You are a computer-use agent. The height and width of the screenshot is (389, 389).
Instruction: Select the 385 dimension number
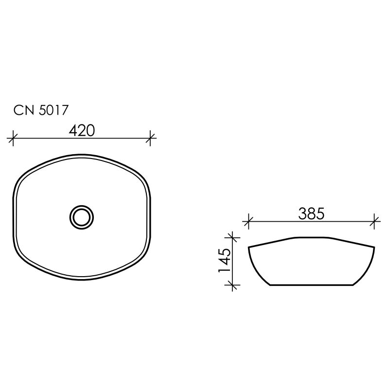click(x=311, y=213)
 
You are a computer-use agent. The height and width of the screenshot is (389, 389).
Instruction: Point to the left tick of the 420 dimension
click(x=13, y=139)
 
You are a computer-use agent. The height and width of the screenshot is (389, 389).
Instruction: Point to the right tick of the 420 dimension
click(x=151, y=139)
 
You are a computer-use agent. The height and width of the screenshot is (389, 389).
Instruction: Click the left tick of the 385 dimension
click(x=248, y=222)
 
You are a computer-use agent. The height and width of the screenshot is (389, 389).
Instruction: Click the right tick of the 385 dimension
click(x=374, y=222)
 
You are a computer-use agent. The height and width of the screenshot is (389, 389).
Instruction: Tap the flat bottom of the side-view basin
click(x=311, y=285)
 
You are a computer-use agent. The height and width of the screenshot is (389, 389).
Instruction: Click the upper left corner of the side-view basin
click(x=249, y=248)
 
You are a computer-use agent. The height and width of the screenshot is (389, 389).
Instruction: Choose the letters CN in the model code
click(x=22, y=111)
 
